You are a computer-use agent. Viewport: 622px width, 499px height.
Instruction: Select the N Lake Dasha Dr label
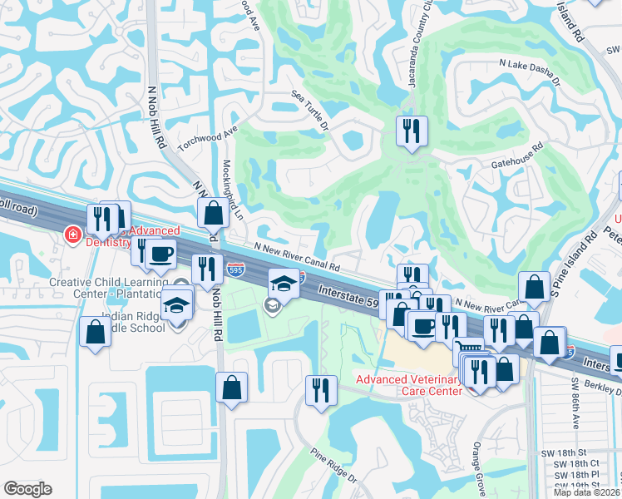click(529, 72)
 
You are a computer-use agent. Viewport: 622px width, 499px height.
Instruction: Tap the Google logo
click(27, 489)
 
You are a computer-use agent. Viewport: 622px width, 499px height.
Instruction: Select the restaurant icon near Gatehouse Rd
click(412, 132)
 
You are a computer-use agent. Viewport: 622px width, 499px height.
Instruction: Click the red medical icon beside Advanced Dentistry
click(73, 235)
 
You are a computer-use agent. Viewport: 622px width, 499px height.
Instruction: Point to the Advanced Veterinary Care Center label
click(408, 385)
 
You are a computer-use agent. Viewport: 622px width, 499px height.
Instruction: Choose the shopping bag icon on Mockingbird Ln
click(214, 213)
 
